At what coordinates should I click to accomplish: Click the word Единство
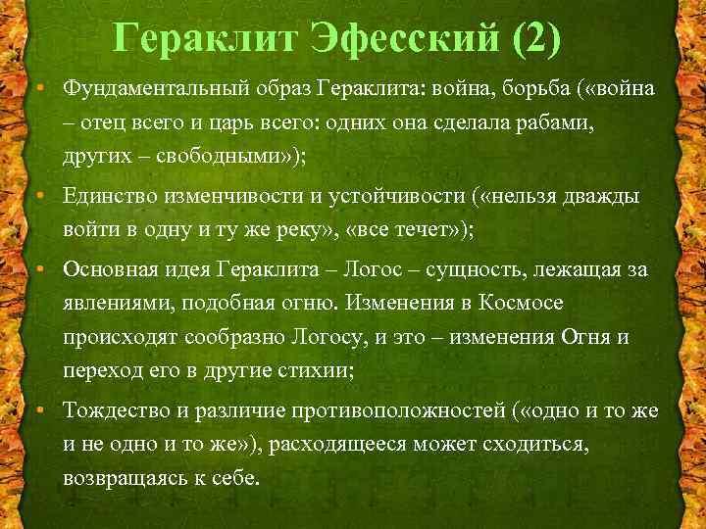click(x=104, y=196)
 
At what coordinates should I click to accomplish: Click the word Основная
click(x=105, y=268)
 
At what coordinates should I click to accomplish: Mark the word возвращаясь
click(x=121, y=477)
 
